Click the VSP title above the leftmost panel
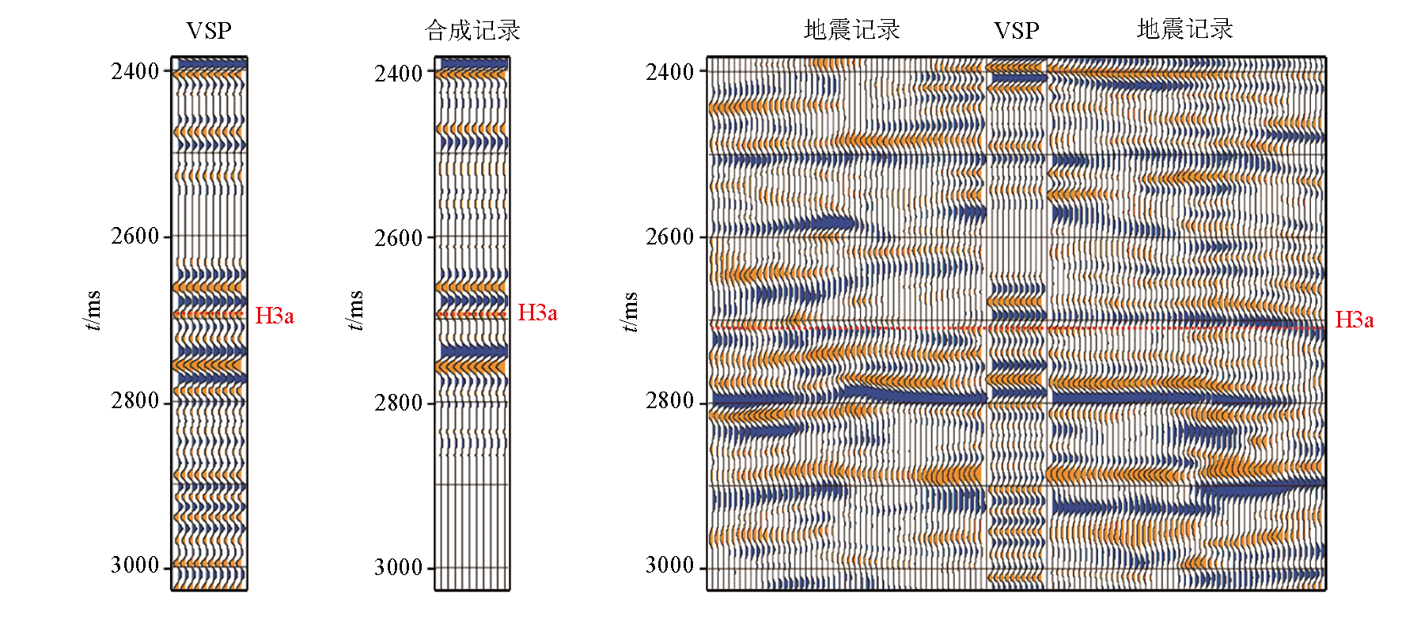pyautogui.click(x=209, y=31)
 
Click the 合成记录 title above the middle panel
pyautogui.click(x=472, y=31)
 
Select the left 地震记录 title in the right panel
pyautogui.click(x=851, y=30)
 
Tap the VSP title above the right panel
pyautogui.click(x=1016, y=31)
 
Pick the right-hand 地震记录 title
pyautogui.click(x=1184, y=29)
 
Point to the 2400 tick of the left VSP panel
pyautogui.click(x=135, y=71)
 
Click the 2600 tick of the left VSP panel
pyautogui.click(x=135, y=236)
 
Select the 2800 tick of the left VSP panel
pyautogui.click(x=135, y=401)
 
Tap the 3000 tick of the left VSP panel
pyautogui.click(x=135, y=566)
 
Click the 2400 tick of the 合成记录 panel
pyautogui.click(x=399, y=74)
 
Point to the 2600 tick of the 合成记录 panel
pyautogui.click(x=399, y=238)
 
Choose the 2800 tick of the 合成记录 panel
pyautogui.click(x=399, y=403)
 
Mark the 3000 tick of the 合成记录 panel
pyautogui.click(x=399, y=568)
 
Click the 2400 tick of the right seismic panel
pyautogui.click(x=670, y=72)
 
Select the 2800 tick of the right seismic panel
pyautogui.click(x=670, y=401)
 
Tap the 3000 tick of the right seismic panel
pyautogui.click(x=670, y=566)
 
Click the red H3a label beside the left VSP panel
pyautogui.click(x=275, y=316)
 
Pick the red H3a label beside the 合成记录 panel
pyautogui.click(x=537, y=313)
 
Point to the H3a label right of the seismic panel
pyautogui.click(x=1354, y=320)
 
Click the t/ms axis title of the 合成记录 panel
pyautogui.click(x=356, y=311)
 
